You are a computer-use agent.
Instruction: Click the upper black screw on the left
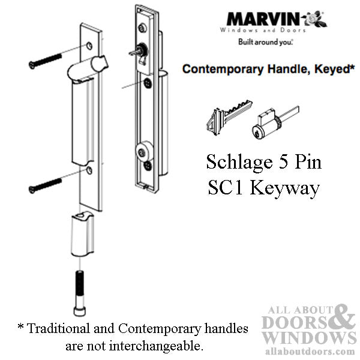[45, 61]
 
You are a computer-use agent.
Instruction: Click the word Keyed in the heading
[330, 69]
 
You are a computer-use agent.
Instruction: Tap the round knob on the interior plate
[144, 150]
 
